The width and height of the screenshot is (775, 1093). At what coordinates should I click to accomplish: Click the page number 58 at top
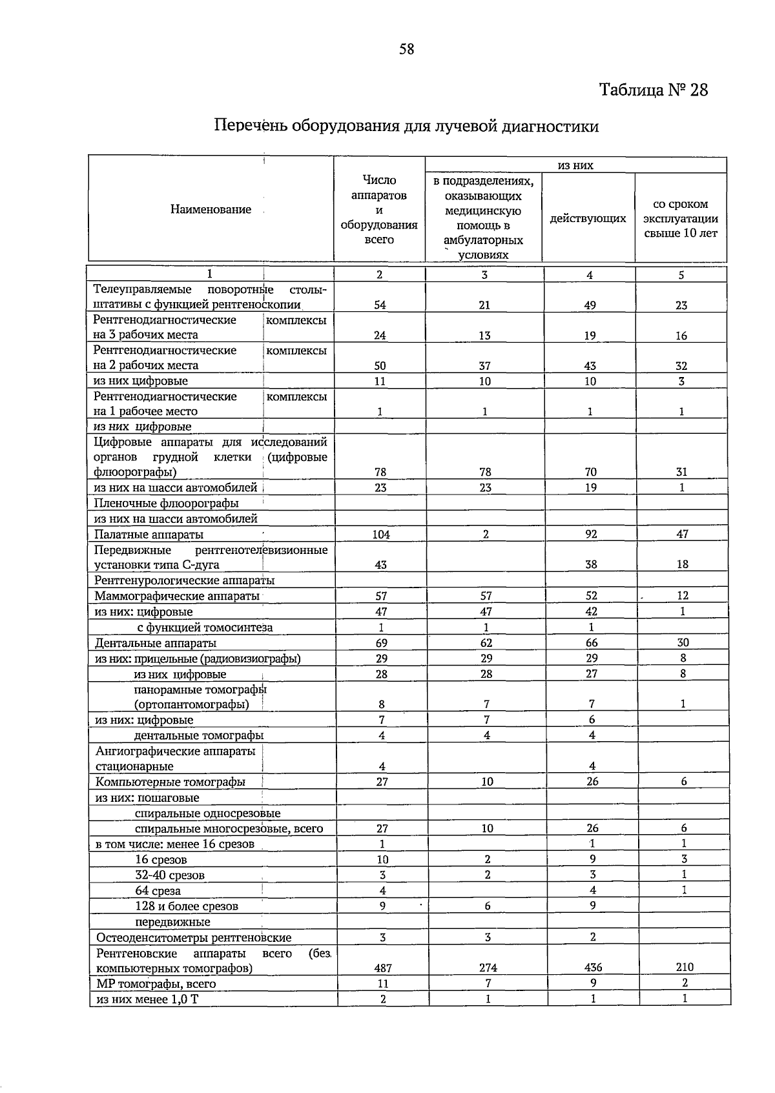pos(406,49)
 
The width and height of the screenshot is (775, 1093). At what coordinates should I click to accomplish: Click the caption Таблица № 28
pos(654,90)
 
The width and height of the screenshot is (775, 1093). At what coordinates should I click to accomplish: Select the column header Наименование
pos(211,209)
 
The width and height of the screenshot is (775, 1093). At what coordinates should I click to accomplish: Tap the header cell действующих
pos(588,219)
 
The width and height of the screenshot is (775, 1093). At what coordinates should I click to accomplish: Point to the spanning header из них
pos(575,166)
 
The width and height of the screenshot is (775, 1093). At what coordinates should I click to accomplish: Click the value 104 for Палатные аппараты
pos(381,535)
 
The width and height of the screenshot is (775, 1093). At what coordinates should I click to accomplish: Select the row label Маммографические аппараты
pos(177,596)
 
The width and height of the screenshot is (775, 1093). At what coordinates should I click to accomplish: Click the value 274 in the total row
pos(488,968)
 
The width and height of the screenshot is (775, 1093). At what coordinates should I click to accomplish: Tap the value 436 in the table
pos(592,968)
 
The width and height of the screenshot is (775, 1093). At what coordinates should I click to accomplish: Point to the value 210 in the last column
pos(685,967)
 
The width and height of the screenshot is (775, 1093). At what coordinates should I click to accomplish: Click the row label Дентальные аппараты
pos(156,643)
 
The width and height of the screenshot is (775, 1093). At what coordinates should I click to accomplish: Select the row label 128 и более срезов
pos(187,906)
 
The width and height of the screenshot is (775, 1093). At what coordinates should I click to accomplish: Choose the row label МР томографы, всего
pos(156,984)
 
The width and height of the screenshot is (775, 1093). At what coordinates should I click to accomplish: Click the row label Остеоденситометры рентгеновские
pos(194,937)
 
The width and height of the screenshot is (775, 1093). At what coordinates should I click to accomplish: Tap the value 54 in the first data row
pos(380,305)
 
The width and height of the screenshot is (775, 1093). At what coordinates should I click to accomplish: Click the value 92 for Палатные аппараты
pos(591,534)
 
